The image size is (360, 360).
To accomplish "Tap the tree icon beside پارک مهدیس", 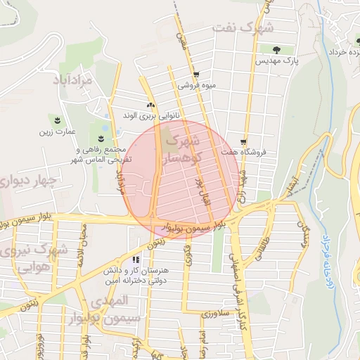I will coord(274,49).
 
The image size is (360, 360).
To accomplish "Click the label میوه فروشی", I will coord(195,86).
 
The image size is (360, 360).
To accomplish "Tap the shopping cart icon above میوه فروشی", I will coord(196,74).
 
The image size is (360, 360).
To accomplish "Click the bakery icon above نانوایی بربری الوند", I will coord(150,104).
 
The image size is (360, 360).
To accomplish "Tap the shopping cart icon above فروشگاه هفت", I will coord(244,141).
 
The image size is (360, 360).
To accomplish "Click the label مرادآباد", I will coord(72,81).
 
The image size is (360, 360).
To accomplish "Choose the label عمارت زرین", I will coord(57,131).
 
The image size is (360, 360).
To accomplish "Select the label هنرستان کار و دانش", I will coord(136,276).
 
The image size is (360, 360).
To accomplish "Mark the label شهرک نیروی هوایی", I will coord(44,258).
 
